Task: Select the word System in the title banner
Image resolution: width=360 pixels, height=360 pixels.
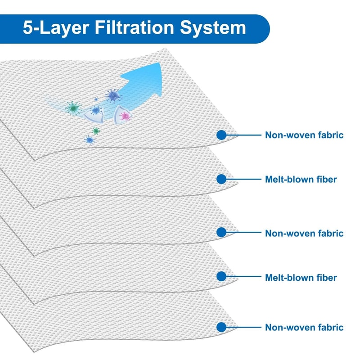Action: [x=212, y=28]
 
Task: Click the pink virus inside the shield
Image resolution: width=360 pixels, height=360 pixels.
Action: [x=125, y=116]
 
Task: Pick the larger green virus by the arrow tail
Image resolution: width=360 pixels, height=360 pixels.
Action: [x=72, y=108]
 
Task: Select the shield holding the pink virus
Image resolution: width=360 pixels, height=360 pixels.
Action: [x=124, y=114]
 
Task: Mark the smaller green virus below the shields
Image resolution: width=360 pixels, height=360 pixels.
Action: [x=95, y=130]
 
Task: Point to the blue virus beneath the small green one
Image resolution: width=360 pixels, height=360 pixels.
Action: [x=90, y=140]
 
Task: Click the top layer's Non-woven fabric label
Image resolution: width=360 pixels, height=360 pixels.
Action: [x=304, y=135]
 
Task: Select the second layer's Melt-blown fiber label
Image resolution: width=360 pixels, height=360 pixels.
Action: [x=301, y=179]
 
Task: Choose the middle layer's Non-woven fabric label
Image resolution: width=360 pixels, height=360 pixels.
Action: [x=304, y=233]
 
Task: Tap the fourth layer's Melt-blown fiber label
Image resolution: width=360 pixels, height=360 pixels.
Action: [x=301, y=278]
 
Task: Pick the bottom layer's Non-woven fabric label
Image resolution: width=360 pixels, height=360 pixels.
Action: [x=304, y=327]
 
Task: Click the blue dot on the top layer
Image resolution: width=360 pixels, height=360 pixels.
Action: [x=221, y=135]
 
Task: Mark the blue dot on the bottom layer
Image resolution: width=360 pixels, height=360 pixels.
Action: [x=221, y=327]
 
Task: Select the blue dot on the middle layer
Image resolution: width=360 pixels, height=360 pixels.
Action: [x=221, y=233]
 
